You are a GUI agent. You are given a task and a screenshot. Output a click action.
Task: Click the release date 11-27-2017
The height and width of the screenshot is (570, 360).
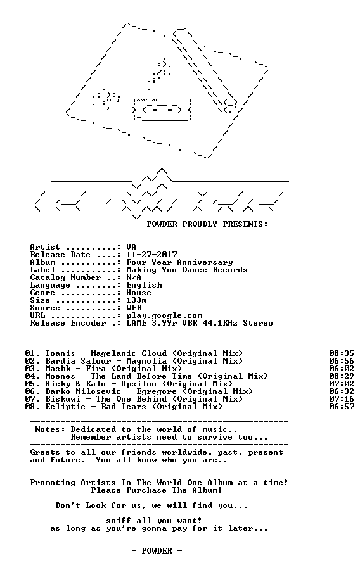tap(151, 255)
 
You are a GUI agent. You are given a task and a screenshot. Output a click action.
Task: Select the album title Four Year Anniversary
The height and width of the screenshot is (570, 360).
tap(179, 262)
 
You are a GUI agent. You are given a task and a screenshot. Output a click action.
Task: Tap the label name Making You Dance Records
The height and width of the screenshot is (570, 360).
tap(187, 270)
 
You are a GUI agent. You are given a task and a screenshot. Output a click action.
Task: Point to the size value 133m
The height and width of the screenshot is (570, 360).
tap(137, 300)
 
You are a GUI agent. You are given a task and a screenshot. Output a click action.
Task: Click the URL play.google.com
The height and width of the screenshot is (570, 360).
tap(164, 315)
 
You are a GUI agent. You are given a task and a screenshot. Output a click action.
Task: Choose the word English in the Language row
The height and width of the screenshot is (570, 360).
tap(145, 286)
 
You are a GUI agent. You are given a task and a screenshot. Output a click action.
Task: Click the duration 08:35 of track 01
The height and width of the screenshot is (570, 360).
tap(342, 353)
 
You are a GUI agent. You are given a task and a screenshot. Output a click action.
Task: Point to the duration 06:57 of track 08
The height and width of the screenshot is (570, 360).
tap(342, 407)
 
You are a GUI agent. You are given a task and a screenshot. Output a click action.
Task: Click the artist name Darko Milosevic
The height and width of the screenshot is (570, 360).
tap(83, 391)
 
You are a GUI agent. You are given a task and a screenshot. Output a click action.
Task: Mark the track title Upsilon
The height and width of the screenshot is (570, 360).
tap(139, 384)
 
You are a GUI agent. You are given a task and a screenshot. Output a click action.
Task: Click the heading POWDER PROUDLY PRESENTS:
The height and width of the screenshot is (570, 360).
tap(207, 224)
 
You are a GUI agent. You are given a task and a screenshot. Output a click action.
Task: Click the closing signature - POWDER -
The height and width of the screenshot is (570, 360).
tap(157, 551)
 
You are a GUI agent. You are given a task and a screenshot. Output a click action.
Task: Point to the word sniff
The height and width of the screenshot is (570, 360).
tap(119, 521)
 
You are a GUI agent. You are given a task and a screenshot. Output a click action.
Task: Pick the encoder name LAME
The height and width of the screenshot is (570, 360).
tap(137, 323)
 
